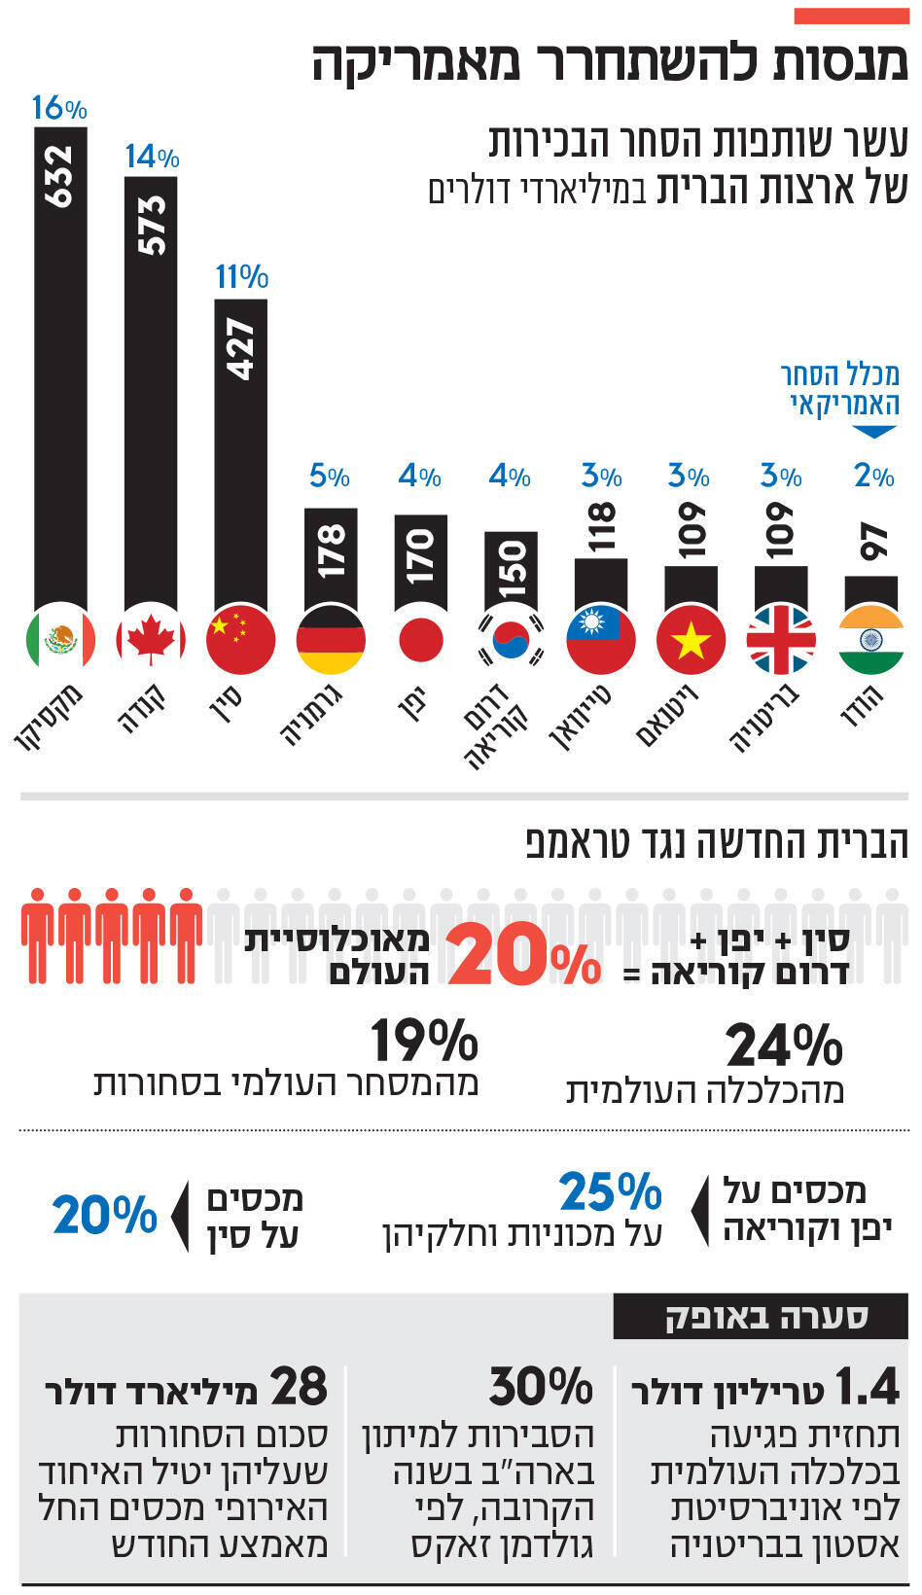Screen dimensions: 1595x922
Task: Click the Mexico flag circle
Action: [60, 640]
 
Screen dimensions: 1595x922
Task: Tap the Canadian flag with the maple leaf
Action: [151, 640]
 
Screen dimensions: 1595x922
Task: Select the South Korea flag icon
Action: [511, 640]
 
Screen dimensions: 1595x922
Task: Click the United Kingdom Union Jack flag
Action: [781, 640]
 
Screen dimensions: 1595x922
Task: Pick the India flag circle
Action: [871, 640]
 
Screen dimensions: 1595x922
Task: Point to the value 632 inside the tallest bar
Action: [60, 175]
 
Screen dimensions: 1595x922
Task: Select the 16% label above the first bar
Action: [59, 108]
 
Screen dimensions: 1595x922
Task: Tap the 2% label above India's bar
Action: [873, 477]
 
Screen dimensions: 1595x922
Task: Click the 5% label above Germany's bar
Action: [330, 477]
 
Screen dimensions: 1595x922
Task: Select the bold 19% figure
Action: [424, 1042]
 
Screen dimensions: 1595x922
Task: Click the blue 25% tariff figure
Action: [610, 1192]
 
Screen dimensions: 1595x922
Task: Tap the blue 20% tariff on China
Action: [104, 1215]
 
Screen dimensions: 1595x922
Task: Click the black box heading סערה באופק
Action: [761, 1318]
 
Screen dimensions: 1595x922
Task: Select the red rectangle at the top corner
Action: [851, 16]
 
